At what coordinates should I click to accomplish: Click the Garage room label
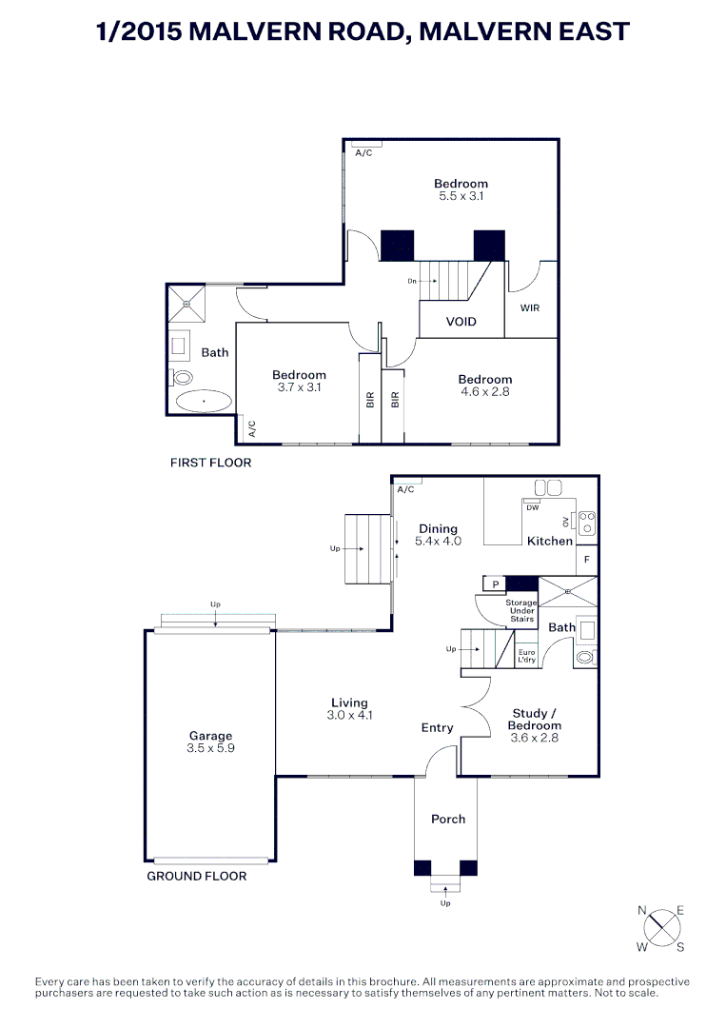click(x=210, y=736)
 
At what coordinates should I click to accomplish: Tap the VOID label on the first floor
click(x=461, y=322)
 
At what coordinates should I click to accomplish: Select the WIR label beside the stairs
click(x=530, y=308)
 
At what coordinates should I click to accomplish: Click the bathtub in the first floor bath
click(x=203, y=402)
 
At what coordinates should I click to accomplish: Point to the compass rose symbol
click(x=661, y=928)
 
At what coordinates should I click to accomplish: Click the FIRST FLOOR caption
click(x=210, y=463)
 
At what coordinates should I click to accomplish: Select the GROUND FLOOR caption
click(x=196, y=876)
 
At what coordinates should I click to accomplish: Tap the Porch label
click(x=448, y=819)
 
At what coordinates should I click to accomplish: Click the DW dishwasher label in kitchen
click(x=533, y=507)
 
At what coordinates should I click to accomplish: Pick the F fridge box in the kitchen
click(x=587, y=560)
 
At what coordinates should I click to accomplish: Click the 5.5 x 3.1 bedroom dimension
click(x=461, y=196)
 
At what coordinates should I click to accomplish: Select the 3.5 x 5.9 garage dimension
click(x=210, y=748)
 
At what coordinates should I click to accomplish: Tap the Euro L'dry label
click(x=526, y=656)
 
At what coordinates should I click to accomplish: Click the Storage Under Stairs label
click(x=520, y=610)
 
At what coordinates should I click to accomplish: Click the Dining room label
click(x=438, y=528)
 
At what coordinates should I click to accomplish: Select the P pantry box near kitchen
click(x=494, y=584)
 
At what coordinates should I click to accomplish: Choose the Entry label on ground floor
click(x=437, y=728)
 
